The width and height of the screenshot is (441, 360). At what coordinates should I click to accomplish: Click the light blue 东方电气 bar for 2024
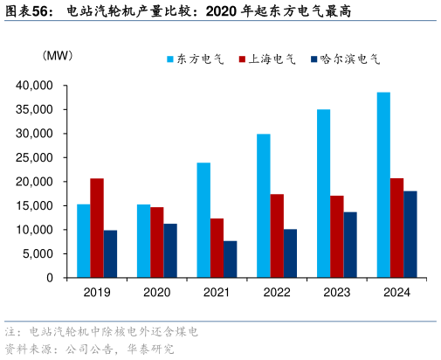[x=383, y=185]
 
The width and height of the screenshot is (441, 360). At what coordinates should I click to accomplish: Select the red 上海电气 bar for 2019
[x=97, y=228]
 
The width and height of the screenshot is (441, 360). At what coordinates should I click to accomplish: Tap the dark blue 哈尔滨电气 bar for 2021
[x=230, y=260]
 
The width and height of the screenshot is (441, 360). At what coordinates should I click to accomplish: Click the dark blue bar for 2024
[x=410, y=234]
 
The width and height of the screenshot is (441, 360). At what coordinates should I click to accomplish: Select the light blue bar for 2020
[x=143, y=241]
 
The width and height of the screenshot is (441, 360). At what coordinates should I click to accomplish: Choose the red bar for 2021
[x=217, y=248]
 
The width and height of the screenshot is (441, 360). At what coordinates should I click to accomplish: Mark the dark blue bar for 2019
[x=110, y=254]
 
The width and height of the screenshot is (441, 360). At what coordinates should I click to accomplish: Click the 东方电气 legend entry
[x=195, y=59]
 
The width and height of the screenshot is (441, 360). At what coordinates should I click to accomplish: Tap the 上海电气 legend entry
[x=266, y=59]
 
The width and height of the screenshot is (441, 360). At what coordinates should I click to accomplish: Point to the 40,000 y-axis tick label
[x=36, y=86]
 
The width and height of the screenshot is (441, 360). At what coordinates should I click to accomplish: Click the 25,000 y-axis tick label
[x=36, y=158]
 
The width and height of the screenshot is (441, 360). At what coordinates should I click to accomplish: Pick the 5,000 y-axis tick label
[x=39, y=254]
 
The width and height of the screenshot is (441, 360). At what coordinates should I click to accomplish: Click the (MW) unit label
[x=58, y=56]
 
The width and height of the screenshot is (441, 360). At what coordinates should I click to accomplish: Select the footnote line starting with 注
[x=101, y=333]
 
